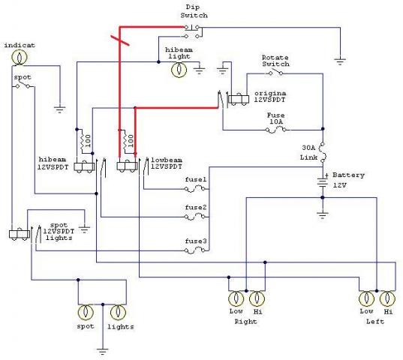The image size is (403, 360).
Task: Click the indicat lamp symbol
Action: [20, 57]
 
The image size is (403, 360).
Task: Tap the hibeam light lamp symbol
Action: [179, 70]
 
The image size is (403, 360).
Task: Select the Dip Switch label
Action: [194, 11]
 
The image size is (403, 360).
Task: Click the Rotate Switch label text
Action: [275, 61]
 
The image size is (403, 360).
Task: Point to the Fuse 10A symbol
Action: [275, 130]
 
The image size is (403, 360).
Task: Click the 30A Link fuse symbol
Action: [322, 152]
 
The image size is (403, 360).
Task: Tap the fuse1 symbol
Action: [195, 190]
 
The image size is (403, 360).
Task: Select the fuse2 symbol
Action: [195, 217]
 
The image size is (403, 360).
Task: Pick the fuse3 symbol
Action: [195, 250]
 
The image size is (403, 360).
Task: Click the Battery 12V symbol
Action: [323, 181]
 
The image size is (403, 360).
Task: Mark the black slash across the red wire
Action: [120, 40]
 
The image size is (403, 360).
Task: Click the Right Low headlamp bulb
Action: [236, 298]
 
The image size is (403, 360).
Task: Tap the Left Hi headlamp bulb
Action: [387, 298]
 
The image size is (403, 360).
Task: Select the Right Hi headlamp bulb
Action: [257, 298]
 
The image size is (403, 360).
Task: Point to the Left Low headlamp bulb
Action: [366, 298]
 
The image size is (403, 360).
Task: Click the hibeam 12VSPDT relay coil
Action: [83, 167]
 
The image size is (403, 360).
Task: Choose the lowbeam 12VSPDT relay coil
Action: [127, 167]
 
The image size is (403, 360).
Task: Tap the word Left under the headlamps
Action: [375, 322]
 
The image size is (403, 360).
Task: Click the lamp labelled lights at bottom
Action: [118, 312]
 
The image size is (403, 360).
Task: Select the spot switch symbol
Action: [23, 85]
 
